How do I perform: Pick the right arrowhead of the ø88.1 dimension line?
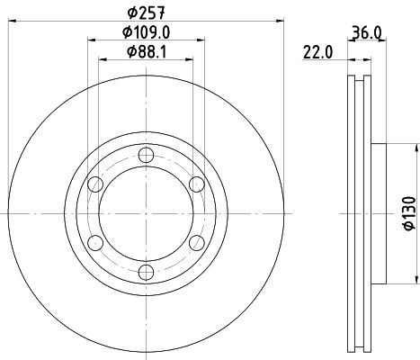click(x=191, y=60)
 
